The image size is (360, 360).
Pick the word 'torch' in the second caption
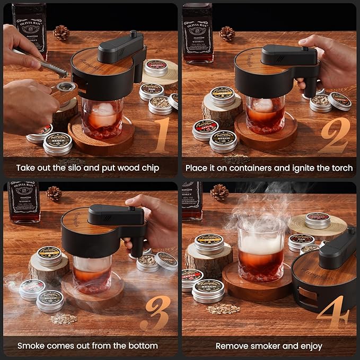[x=341, y=168]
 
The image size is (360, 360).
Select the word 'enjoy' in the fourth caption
[x=311, y=346]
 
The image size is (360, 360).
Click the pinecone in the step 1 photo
[x=61, y=33]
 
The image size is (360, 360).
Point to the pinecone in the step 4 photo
[x=219, y=192]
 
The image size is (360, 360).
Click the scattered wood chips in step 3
[x=63, y=318]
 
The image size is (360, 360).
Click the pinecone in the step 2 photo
[x=227, y=33]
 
